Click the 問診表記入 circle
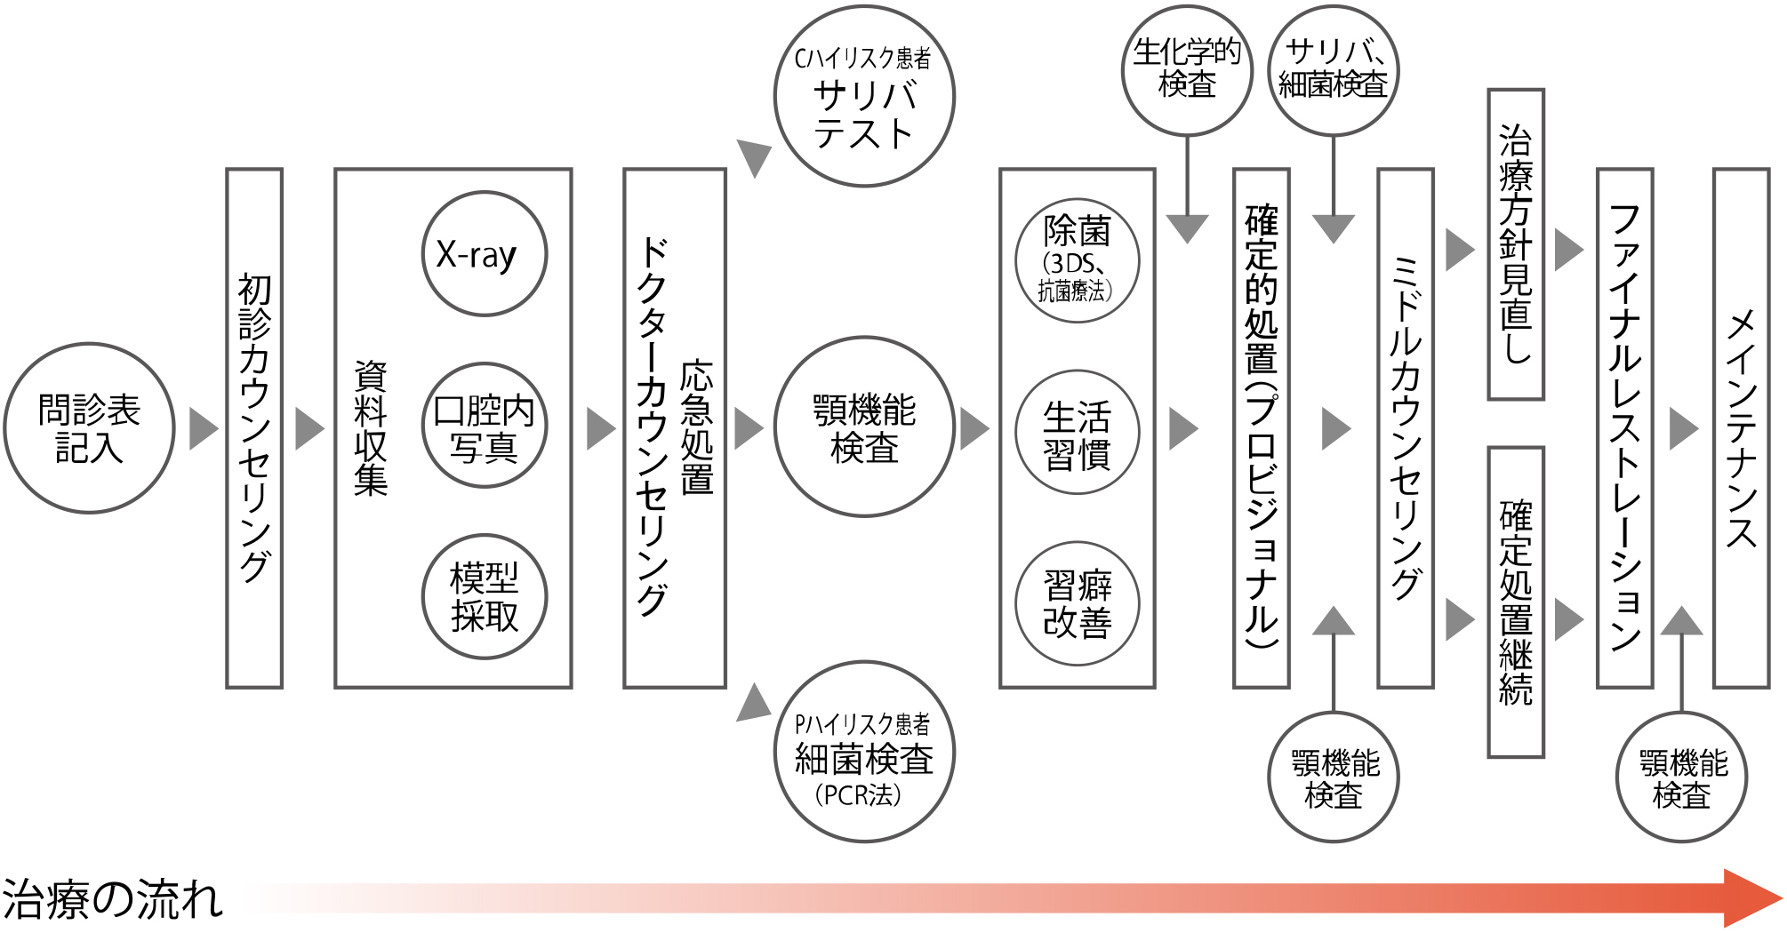coord(89,428)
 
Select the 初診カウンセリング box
coord(254,428)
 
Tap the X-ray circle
coord(484,254)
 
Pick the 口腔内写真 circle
coord(484,426)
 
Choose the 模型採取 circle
coord(484,596)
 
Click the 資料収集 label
coord(371,428)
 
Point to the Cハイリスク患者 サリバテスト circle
coord(863,96)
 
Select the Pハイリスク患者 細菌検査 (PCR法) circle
coord(863,752)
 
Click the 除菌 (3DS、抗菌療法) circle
coord(1077,259)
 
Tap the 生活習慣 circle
coord(1077,432)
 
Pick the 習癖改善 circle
coord(1077,603)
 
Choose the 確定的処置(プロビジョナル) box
coord(1261,428)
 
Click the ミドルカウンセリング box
coord(1405,428)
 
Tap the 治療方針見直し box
coord(1516,244)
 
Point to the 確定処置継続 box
coord(1516,602)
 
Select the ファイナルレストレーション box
coord(1624,428)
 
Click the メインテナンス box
coord(1741,428)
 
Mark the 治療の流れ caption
coord(112,899)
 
